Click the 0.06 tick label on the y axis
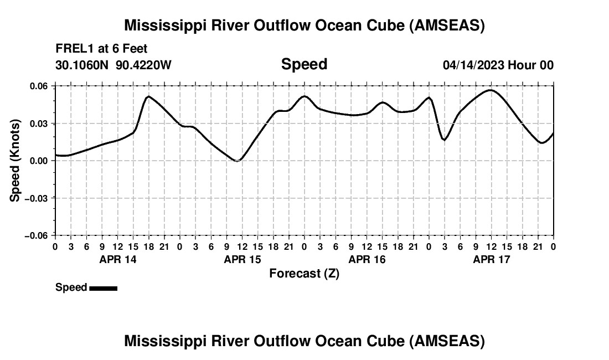38,86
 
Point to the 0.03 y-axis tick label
38,124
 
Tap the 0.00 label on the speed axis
38,161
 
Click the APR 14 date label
117,259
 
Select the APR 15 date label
242,259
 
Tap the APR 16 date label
367,259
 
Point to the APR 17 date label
491,259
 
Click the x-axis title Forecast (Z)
304,273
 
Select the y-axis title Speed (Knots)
16,160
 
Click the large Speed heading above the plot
304,64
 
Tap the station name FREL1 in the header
73,49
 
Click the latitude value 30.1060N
82,65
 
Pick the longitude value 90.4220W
143,65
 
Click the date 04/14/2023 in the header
473,65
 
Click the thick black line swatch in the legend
103,288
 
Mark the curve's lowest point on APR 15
238,161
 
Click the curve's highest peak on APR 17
491,90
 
